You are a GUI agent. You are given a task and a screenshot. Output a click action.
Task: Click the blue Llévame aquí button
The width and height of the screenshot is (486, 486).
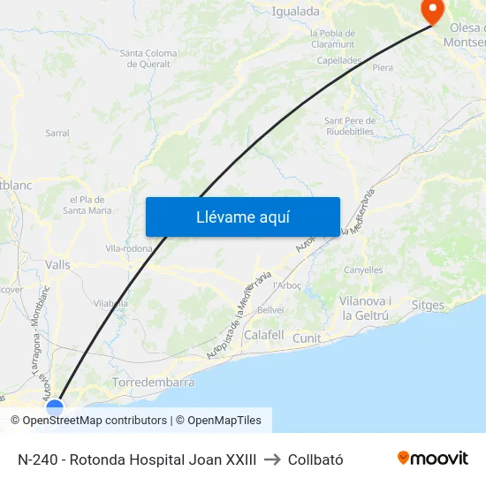pyautogui.click(x=242, y=216)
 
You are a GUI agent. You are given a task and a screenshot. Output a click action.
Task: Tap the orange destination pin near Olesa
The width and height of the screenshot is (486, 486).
pyautogui.click(x=433, y=11)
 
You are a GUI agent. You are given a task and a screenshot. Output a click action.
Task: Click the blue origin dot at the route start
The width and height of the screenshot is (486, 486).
pyautogui.click(x=55, y=408)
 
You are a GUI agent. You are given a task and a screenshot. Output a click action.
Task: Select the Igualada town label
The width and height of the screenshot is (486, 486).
pyautogui.click(x=296, y=11)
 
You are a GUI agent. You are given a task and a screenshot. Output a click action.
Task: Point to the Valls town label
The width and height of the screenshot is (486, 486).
pyautogui.click(x=57, y=264)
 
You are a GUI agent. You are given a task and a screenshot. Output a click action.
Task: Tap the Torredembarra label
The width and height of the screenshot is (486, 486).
pyautogui.click(x=154, y=383)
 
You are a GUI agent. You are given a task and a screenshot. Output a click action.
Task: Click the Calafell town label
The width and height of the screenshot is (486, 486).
pyautogui.click(x=263, y=336)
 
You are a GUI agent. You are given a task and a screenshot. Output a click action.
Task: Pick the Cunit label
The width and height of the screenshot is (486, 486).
pyautogui.click(x=307, y=338)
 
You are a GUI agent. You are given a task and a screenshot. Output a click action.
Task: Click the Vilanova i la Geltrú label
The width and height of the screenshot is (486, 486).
pyautogui.click(x=366, y=308)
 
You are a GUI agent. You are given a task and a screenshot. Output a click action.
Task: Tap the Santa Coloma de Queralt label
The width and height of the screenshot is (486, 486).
pyautogui.click(x=148, y=58)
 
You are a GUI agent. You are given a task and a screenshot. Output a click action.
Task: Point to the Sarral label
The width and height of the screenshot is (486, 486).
pyautogui.click(x=57, y=133)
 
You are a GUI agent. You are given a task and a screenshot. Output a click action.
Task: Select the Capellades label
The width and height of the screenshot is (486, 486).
pyautogui.click(x=339, y=61)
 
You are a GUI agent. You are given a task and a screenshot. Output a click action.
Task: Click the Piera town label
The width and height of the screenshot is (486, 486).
pyautogui.click(x=383, y=67)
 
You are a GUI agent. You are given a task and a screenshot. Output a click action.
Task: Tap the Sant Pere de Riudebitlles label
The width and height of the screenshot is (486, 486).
pyautogui.click(x=351, y=125)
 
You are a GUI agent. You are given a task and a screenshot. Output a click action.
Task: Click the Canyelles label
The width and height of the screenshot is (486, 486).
pyautogui.click(x=362, y=270)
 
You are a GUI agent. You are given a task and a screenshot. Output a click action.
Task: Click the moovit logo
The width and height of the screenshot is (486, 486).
pyautogui.click(x=433, y=459)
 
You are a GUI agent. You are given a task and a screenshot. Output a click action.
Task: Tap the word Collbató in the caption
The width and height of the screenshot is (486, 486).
pyautogui.click(x=315, y=459)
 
